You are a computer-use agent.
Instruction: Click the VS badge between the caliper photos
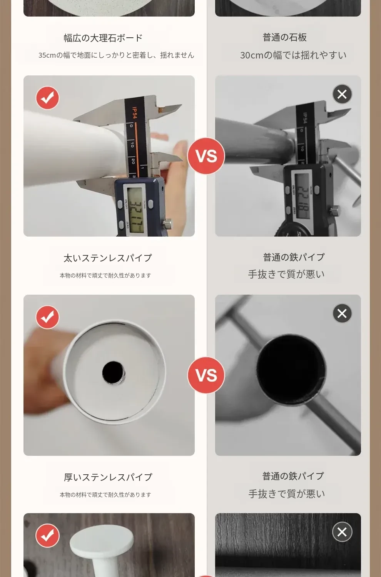pyautogui.click(x=206, y=156)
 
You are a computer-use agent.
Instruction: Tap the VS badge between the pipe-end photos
pyautogui.click(x=206, y=375)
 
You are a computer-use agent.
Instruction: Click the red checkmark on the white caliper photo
pyautogui.click(x=47, y=98)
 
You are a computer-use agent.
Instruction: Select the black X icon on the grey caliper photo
pyautogui.click(x=342, y=94)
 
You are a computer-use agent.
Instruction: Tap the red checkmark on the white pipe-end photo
pyautogui.click(x=47, y=317)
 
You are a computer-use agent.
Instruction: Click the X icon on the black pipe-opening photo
pyautogui.click(x=342, y=314)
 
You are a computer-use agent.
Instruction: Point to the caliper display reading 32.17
pyautogui.click(x=135, y=210)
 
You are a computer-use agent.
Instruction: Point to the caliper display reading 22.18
pyautogui.click(x=302, y=196)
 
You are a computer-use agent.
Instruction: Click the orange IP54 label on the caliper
pyautogui.click(x=134, y=113)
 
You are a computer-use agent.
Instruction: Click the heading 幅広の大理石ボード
pyautogui.click(x=103, y=38)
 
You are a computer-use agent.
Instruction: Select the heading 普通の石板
pyautogui.click(x=284, y=37)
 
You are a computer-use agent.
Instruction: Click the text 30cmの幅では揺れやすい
pyautogui.click(x=293, y=55)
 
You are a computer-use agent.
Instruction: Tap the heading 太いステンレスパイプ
pyautogui.click(x=108, y=258)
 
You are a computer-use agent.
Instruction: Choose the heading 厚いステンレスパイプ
pyautogui.click(x=108, y=477)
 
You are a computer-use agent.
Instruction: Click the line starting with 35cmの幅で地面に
pyautogui.click(x=116, y=55)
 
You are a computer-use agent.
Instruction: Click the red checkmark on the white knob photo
pyautogui.click(x=47, y=535)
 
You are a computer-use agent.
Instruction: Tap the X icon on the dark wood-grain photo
pyautogui.click(x=342, y=532)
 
